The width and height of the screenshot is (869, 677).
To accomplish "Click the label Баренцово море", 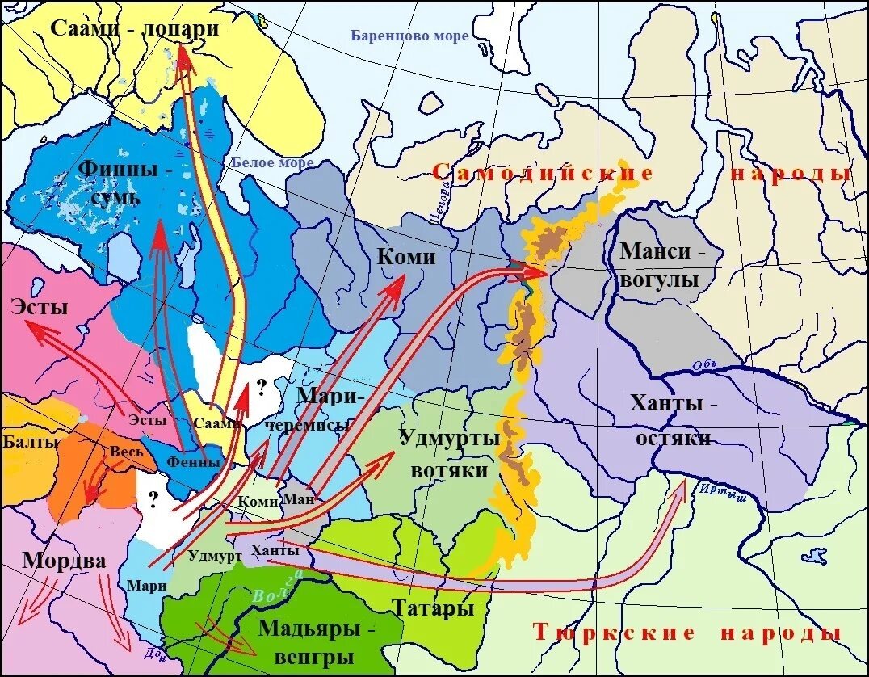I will click(409, 36).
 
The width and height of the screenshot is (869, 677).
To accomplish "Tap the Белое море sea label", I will click(272, 162).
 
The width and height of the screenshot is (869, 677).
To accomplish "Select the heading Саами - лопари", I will click(135, 27).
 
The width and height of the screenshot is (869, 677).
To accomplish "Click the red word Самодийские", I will click(542, 173).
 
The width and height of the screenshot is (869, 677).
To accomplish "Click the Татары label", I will click(433, 608).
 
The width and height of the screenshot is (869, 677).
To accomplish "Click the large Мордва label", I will click(64, 561).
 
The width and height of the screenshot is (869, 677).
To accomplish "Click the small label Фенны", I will click(193, 462).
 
